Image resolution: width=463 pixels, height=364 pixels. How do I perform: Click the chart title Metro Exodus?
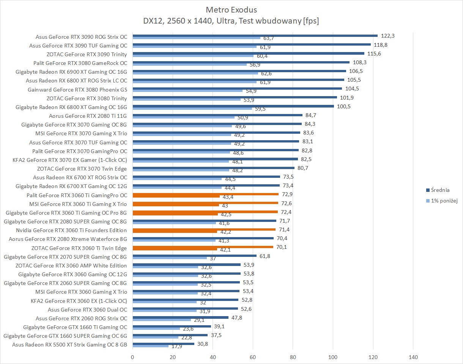point(231,9)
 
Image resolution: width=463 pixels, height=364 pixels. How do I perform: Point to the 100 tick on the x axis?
point(333,357)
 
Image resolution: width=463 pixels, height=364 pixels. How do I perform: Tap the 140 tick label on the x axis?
point(413,357)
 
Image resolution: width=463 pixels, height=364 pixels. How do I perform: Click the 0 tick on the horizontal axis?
point(132,357)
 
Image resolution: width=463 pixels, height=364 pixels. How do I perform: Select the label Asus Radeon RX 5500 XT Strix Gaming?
point(69,345)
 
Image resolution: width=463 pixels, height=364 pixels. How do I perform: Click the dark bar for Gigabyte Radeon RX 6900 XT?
point(239,71)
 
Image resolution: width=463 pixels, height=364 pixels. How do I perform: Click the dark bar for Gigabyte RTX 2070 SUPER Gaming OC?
point(194,256)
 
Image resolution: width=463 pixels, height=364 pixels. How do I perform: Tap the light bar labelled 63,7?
point(196,38)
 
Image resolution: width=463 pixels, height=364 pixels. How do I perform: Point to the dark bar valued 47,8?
point(180,317)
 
